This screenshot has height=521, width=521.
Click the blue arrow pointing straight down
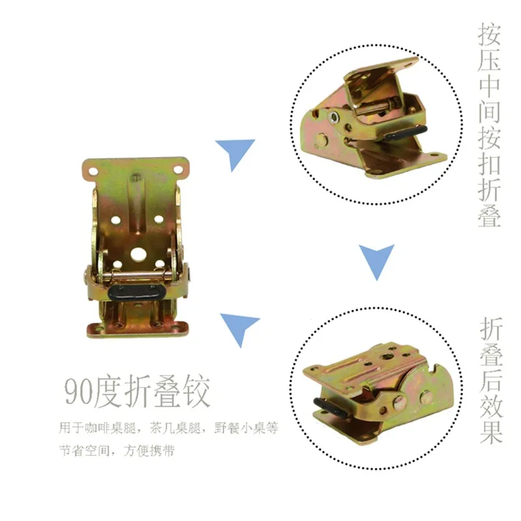pyautogui.click(x=377, y=261)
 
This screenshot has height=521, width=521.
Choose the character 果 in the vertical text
pyautogui.click(x=490, y=432)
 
